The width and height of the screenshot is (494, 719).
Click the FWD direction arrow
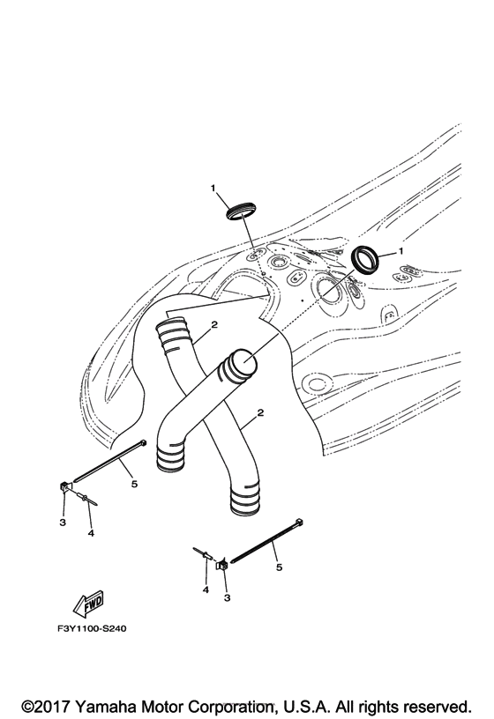89,604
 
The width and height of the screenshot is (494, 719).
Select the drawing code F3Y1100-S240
92,628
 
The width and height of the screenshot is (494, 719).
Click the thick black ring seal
365,260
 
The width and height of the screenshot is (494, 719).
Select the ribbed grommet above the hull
242,210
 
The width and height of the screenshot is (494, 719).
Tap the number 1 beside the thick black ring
400,251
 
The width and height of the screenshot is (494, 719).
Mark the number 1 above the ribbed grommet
213,188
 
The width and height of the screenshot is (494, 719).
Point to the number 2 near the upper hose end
214,324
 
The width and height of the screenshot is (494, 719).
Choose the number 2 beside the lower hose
260,412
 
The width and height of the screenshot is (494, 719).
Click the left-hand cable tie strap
110,460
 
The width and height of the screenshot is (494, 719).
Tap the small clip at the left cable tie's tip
64,486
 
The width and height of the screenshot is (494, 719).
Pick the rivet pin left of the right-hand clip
203,553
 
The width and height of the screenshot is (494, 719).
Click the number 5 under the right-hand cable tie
279,567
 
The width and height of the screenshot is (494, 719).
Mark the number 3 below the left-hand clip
63,523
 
